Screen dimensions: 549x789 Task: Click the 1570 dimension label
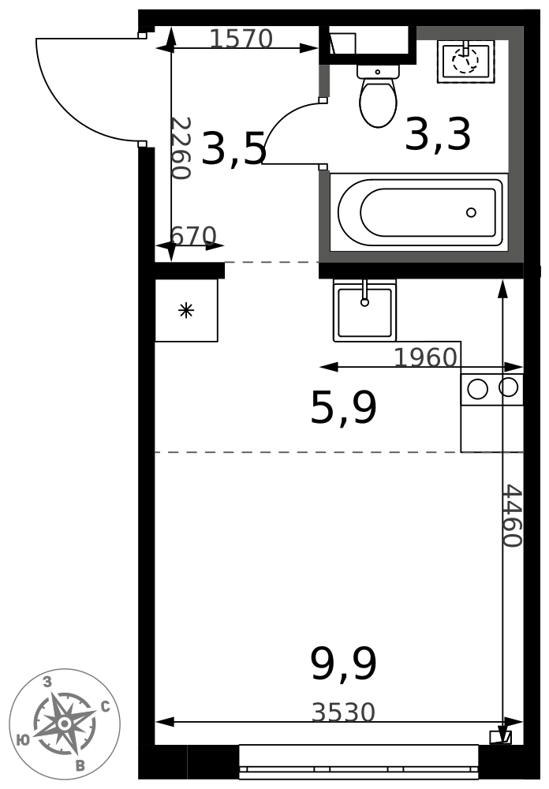241,38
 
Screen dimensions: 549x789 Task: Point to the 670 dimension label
194,235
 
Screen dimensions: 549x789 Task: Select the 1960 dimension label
426,357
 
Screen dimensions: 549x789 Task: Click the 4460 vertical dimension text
514,516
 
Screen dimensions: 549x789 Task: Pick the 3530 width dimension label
344,712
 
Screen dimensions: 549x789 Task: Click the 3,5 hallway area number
233,148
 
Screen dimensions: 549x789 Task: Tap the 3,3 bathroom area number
438,134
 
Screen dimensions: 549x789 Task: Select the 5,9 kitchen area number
344,408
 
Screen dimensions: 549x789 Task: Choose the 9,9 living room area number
344,664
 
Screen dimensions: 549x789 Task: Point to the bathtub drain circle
471,212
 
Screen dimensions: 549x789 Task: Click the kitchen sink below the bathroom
365,310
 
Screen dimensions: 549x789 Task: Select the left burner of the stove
477,388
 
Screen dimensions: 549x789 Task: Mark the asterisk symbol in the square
186,310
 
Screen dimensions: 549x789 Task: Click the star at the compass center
65,724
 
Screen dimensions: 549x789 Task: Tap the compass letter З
47,682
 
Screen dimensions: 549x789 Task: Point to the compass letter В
80,766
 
